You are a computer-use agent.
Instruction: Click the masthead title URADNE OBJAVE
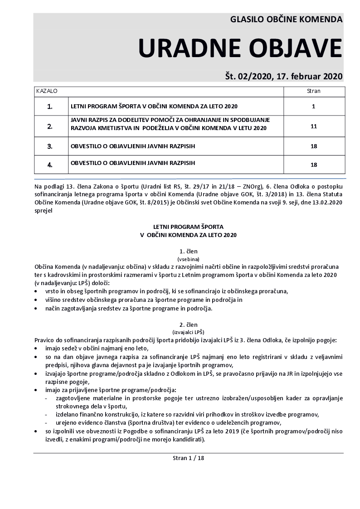coord(240,48)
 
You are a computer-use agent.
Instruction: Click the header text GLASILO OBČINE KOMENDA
coord(286,20)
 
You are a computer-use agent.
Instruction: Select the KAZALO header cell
coord(47,91)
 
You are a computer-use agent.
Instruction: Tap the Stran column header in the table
coord(313,91)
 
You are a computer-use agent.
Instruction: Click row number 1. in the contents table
coord(50,107)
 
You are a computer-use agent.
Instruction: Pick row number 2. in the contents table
coord(50,127)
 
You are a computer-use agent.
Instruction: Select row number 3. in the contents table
coord(50,146)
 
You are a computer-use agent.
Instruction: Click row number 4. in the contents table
coord(50,165)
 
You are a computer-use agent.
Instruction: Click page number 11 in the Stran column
coord(313,127)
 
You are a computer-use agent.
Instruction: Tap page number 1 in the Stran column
coord(313,107)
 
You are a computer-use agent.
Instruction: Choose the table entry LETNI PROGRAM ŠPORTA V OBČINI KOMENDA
coord(154,107)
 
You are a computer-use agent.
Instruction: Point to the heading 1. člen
coord(189,251)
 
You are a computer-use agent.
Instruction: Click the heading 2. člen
coord(189,325)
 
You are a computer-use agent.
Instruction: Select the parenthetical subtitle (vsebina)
coord(189,258)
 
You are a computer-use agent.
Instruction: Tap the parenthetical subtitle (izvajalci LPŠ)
coord(189,332)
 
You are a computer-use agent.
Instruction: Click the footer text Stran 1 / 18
coord(189,458)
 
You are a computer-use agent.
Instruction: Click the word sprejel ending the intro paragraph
coord(44,210)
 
